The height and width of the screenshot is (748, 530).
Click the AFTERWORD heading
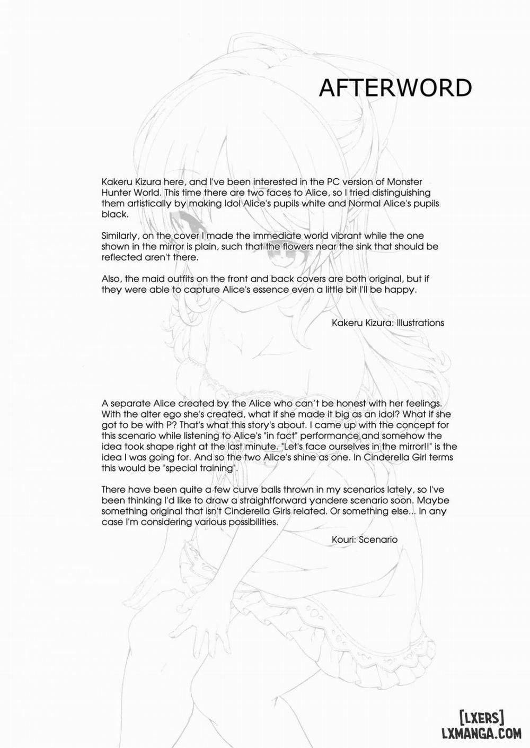[x=395, y=88]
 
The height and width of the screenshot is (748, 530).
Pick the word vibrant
[x=312, y=236]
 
